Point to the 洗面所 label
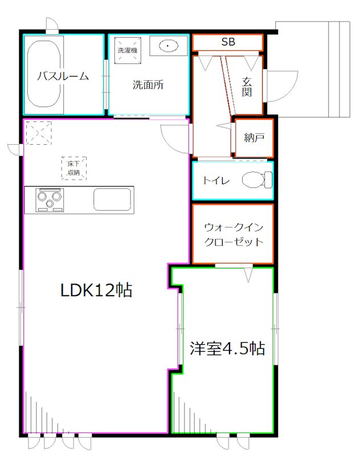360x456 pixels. tap(148, 85)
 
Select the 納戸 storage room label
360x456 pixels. tap(253, 138)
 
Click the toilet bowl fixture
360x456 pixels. tap(257, 180)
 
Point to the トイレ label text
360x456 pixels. tap(216, 181)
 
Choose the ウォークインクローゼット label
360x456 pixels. tap(234, 234)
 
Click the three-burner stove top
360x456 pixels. tap(51, 200)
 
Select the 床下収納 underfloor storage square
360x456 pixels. tap(73, 168)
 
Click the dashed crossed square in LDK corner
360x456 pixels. tap(38, 132)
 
